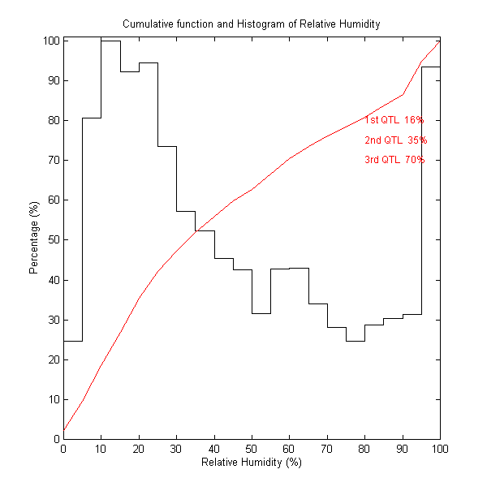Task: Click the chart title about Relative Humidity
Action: tap(251, 24)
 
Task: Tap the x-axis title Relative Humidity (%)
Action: tap(251, 462)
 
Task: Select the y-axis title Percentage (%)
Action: tap(34, 239)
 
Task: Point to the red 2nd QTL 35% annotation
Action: tap(395, 140)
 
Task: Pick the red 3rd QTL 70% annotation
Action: tap(394, 160)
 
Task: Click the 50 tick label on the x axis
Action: tap(252, 449)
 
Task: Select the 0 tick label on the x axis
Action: tap(63, 449)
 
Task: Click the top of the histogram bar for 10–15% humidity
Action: tap(110, 41)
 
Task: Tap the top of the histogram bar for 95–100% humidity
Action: tap(430, 67)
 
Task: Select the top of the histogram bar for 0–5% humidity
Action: tap(73, 341)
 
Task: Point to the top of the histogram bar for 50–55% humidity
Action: tap(261, 313)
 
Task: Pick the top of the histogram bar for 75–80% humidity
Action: tap(355, 341)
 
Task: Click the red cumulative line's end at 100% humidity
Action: tap(440, 41)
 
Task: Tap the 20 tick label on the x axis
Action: tap(139, 449)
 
